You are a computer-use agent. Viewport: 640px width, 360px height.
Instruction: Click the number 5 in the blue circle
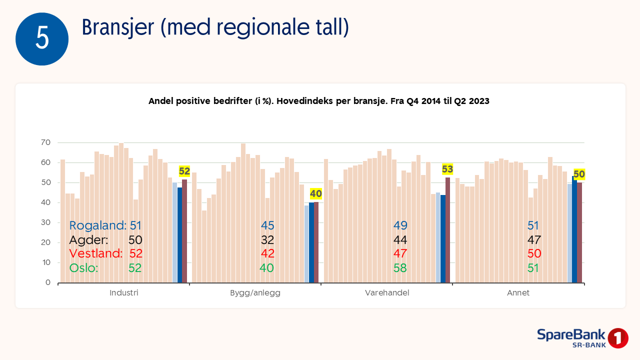click(x=42, y=39)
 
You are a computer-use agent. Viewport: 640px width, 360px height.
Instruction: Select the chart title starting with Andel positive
click(x=318, y=101)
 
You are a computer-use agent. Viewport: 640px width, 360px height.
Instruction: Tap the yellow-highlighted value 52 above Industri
click(x=184, y=171)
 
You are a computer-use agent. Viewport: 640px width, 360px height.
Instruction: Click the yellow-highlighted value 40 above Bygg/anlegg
click(x=316, y=193)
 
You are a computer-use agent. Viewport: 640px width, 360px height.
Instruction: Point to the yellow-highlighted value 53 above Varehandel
click(x=447, y=169)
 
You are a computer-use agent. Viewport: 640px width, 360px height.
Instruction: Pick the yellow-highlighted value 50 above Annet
click(x=579, y=174)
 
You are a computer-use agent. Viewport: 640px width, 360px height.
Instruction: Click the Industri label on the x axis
click(x=124, y=293)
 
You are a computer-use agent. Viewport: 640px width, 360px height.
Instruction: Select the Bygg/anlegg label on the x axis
click(x=255, y=293)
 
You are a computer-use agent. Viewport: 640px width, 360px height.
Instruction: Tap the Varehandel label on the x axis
click(x=387, y=293)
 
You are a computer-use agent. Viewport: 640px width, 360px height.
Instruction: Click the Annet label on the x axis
click(x=518, y=293)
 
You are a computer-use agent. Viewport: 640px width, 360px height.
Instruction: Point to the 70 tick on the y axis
click(x=45, y=142)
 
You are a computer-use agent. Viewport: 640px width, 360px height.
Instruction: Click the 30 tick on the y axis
click(x=45, y=222)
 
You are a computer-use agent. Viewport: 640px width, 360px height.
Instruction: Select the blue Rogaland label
click(x=97, y=225)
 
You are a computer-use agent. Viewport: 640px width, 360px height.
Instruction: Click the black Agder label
click(x=88, y=239)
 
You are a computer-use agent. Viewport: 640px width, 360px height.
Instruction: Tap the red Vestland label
click(x=96, y=253)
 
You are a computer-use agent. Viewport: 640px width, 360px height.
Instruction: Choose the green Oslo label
click(x=83, y=267)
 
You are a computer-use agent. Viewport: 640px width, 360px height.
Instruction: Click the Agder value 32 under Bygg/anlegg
click(x=267, y=239)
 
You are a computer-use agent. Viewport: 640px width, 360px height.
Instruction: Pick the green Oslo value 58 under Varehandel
click(x=400, y=267)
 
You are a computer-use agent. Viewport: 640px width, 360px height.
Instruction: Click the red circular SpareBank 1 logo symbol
click(x=618, y=338)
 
